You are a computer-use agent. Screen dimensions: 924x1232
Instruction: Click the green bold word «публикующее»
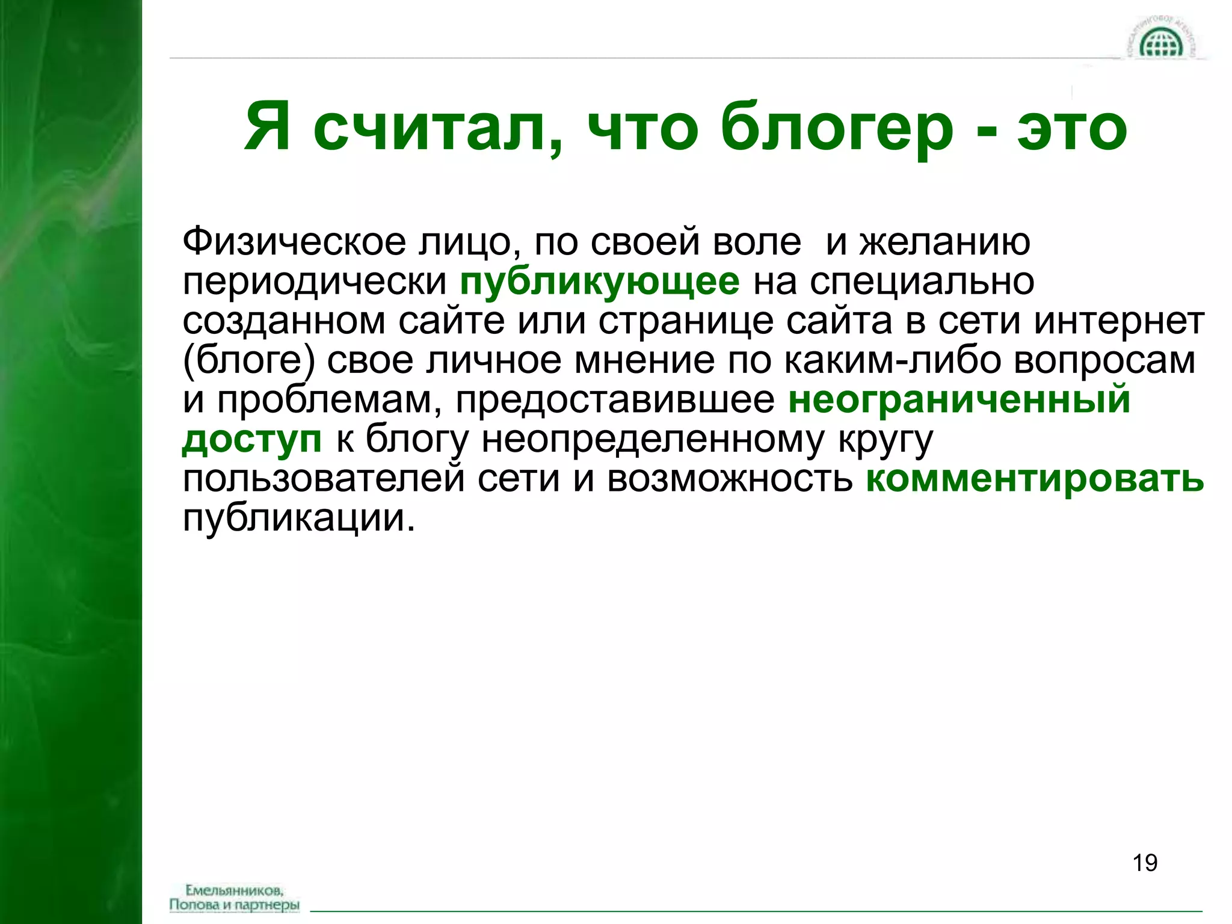click(x=600, y=282)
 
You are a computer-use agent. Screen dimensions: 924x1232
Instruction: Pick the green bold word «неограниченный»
click(x=959, y=399)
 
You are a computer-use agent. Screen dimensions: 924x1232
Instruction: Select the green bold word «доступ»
click(x=252, y=439)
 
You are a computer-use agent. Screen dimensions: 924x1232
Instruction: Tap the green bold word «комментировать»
click(x=1035, y=479)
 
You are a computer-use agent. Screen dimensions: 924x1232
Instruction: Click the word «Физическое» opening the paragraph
click(x=294, y=242)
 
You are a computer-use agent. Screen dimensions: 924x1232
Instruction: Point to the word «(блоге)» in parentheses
click(x=249, y=360)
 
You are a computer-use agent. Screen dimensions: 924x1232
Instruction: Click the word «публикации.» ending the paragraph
click(x=299, y=518)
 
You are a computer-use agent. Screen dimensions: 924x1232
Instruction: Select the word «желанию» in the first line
click(x=944, y=242)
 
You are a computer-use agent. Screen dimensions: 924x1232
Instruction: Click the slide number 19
click(x=1145, y=863)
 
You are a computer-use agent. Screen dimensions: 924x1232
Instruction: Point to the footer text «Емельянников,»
click(x=235, y=890)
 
